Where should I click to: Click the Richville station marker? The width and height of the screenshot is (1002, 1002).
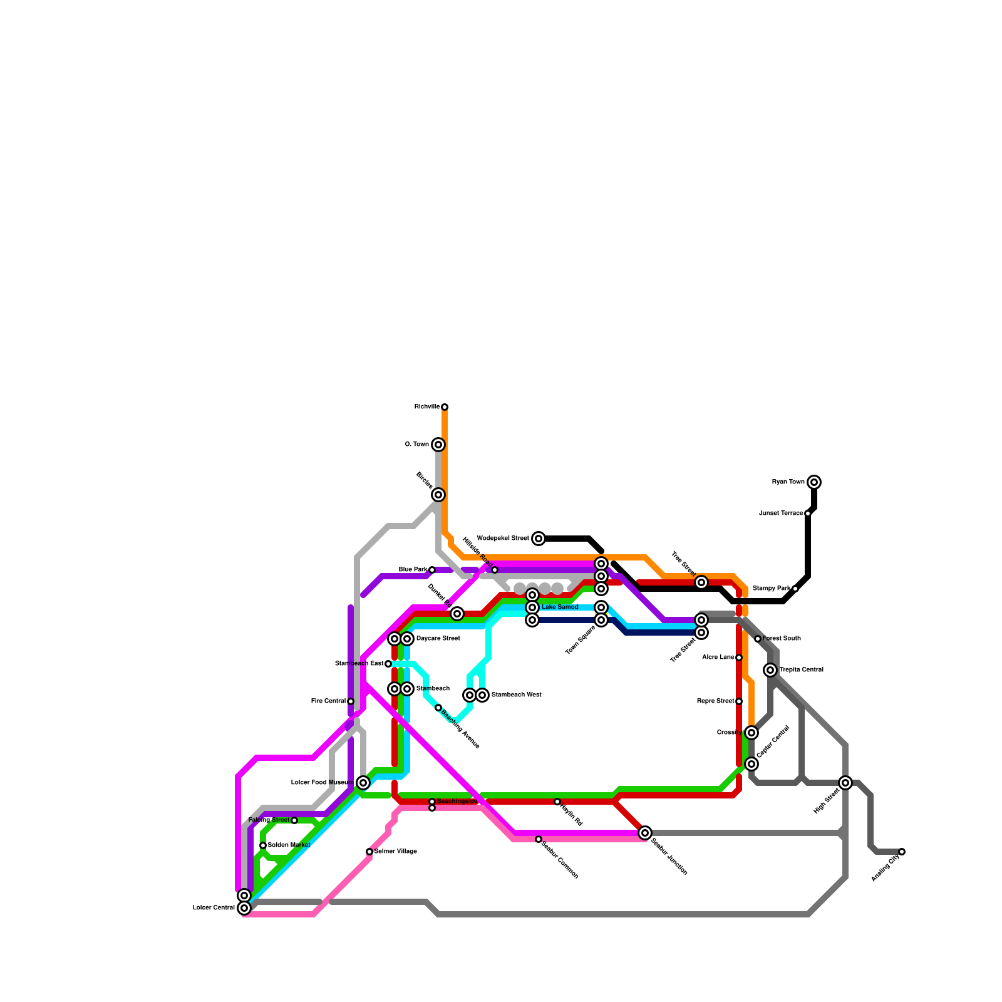coord(445,407)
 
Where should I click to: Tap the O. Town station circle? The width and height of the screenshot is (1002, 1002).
coord(438,445)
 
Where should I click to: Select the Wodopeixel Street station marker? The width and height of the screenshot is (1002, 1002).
coord(539,539)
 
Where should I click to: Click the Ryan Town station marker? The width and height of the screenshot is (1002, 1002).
coord(814,482)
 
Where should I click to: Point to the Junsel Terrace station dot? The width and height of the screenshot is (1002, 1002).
coord(808,514)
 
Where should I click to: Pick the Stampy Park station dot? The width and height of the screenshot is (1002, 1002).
coord(795,589)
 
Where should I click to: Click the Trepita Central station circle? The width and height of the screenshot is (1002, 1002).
coord(770,670)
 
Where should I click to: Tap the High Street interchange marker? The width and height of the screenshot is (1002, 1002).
coord(845,783)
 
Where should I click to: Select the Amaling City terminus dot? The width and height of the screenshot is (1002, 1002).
coord(902,852)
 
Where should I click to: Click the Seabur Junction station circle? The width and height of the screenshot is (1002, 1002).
coord(645,833)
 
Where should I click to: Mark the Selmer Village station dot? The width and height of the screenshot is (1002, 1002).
coord(369,852)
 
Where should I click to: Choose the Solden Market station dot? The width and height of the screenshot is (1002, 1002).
coord(263,845)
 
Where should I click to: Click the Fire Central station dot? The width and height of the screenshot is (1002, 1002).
coord(351,701)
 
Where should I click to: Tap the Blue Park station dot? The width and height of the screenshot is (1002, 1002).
coord(432,570)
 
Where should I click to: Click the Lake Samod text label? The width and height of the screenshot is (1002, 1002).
coord(560,607)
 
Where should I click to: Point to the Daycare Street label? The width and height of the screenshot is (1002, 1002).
coord(438,639)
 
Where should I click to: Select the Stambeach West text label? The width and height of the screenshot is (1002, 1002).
coord(516,695)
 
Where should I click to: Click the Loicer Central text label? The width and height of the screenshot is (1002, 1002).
coord(214,908)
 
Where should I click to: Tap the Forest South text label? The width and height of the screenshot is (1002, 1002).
coord(782,639)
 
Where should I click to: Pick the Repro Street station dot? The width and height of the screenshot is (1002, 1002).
coord(739,701)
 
